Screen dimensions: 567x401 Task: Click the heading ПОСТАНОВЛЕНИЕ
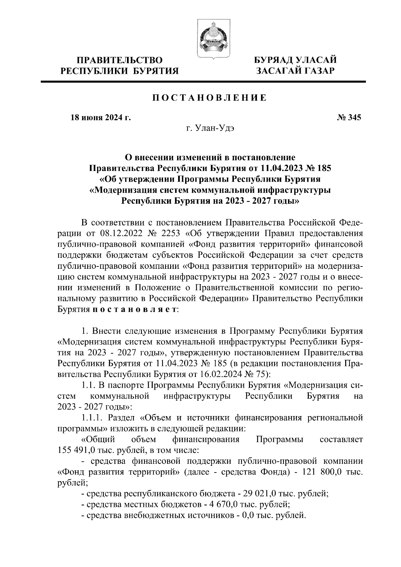point(210,98)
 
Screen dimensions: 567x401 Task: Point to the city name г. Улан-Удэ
point(210,129)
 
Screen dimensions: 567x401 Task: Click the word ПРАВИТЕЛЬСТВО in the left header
point(120,60)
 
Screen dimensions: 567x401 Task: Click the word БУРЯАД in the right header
point(273,60)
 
